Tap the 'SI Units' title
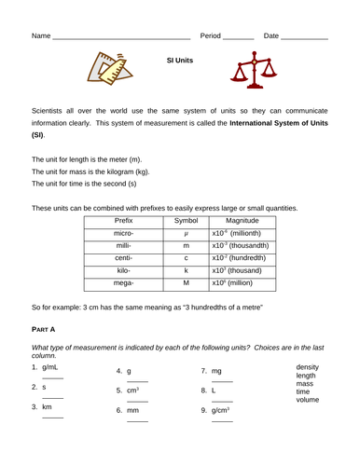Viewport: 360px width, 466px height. point(179,60)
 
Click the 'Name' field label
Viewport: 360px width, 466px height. point(41,35)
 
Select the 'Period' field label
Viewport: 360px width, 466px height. point(211,35)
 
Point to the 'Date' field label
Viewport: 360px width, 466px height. point(271,35)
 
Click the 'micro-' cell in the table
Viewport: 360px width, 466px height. point(124,238)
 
